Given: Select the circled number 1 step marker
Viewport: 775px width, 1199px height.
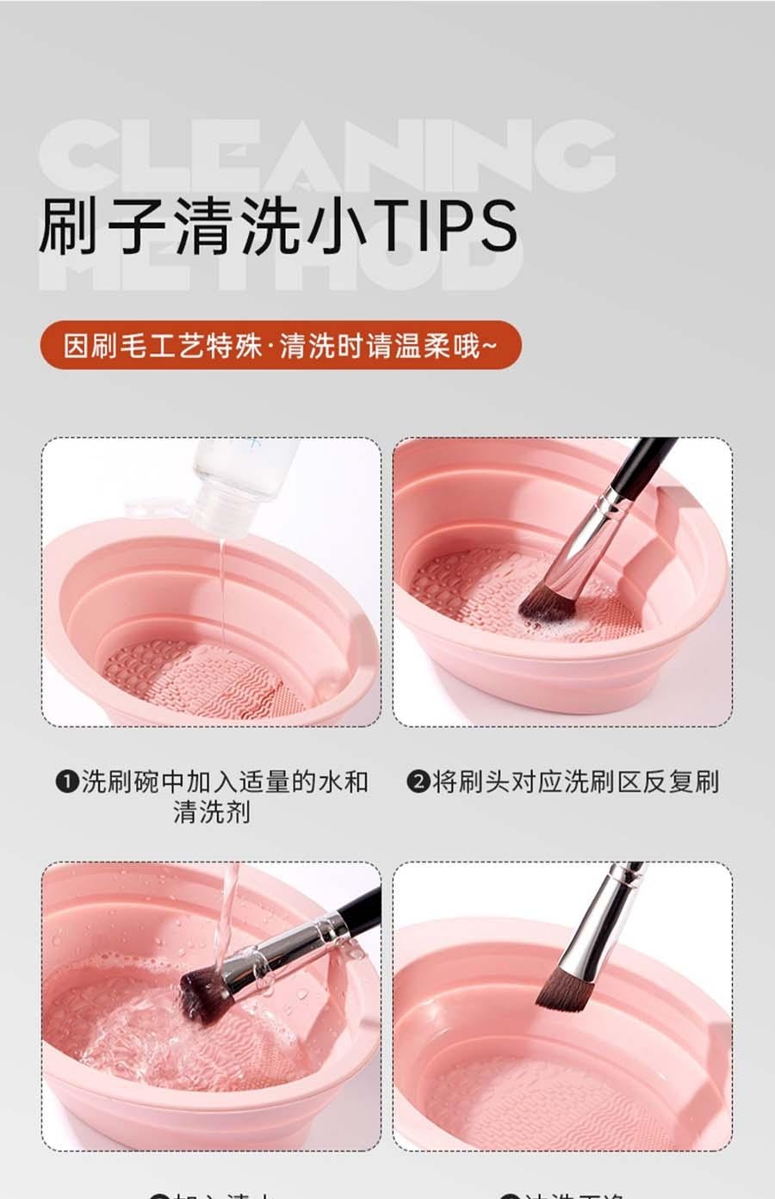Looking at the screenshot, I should (x=67, y=782).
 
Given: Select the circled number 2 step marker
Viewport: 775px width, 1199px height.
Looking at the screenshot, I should (x=418, y=782).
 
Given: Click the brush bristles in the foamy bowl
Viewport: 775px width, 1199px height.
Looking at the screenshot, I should (x=547, y=603).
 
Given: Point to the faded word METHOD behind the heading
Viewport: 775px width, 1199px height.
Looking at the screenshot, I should (x=284, y=263).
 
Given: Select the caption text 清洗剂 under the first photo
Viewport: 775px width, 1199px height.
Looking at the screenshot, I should (x=212, y=812).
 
